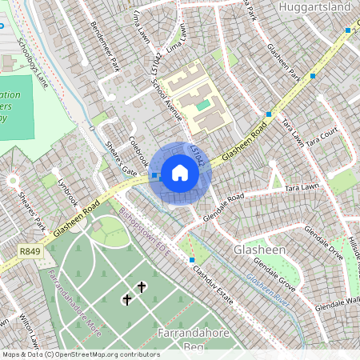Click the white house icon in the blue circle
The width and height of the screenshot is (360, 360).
click(180, 172)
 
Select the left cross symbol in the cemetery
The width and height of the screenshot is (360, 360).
click(126, 299)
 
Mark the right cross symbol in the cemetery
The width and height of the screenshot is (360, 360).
click(142, 286)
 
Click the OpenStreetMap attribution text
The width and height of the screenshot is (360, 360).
click(81, 354)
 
